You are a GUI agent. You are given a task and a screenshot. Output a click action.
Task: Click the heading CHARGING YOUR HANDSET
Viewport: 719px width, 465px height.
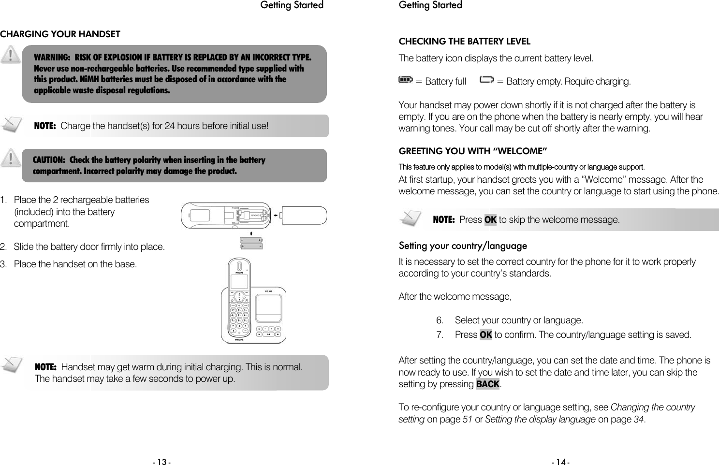point(60,34)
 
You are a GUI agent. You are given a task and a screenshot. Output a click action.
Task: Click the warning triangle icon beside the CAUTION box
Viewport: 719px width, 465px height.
point(10,158)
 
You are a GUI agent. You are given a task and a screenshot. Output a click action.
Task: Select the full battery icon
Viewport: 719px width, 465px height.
point(405,80)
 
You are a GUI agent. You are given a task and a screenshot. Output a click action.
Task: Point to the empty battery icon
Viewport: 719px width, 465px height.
point(487,80)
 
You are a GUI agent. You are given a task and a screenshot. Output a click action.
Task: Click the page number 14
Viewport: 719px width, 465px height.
point(560,462)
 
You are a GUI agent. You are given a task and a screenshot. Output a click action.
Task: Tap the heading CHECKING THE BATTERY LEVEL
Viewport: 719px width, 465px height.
point(464,42)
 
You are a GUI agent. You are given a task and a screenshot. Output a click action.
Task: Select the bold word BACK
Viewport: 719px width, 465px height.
point(487,384)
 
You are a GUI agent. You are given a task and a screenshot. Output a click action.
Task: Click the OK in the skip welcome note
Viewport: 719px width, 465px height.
point(490,220)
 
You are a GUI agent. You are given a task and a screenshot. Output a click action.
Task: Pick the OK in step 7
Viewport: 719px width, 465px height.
point(485,334)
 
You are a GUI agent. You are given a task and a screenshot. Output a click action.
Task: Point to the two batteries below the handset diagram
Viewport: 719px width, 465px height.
point(251,243)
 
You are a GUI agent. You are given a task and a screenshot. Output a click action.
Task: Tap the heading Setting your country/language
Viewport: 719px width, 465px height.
point(463,246)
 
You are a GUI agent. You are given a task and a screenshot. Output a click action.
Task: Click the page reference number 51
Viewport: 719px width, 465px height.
point(468,419)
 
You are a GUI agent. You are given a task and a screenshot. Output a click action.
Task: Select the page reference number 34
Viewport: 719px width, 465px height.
point(638,419)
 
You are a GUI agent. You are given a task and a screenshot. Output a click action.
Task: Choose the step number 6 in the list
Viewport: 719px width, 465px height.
point(440,320)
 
